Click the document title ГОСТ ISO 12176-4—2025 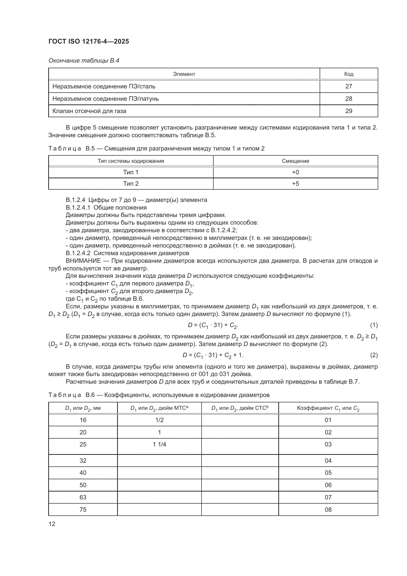pyautogui.click(x=89, y=41)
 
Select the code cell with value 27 pyautogui.click(x=348, y=86)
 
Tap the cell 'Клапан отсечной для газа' pyautogui.click(x=89, y=111)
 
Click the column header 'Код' pyautogui.click(x=348, y=74)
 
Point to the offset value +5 pyautogui.click(x=295, y=184)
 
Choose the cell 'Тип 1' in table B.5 pyautogui.click(x=131, y=172)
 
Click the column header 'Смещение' pyautogui.click(x=295, y=161)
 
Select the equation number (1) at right pyautogui.click(x=374, y=325)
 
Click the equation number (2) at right pyautogui.click(x=374, y=355)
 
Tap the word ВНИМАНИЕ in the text pyautogui.click(x=83, y=261)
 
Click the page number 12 pyautogui.click(x=52, y=524)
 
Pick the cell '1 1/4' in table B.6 pyautogui.click(x=159, y=444)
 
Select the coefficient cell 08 pyautogui.click(x=328, y=510)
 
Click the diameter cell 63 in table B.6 pyautogui.click(x=83, y=497)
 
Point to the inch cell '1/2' pyautogui.click(x=159, y=420)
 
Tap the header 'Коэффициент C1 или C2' pyautogui.click(x=328, y=408)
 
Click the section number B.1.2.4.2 pyautogui.click(x=78, y=253)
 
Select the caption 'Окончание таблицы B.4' pyautogui.click(x=84, y=61)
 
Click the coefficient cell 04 pyautogui.click(x=328, y=461)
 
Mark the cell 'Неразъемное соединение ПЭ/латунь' pyautogui.click(x=106, y=99)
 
